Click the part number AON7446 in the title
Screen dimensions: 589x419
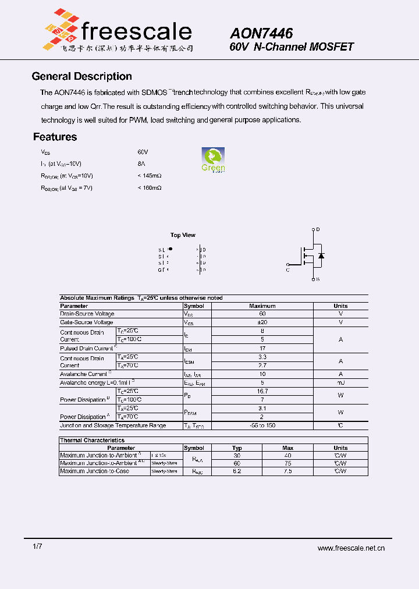pyautogui.click(x=261, y=34)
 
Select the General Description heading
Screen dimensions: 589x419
pyautogui.click(x=81, y=76)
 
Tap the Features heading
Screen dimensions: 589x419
pyautogui.click(x=55, y=137)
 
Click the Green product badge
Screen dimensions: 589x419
pyautogui.click(x=213, y=160)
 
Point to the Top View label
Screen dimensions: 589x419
pyautogui.click(x=183, y=235)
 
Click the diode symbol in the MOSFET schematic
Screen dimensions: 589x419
pyautogui.click(x=321, y=255)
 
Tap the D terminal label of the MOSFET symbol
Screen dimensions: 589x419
pyautogui.click(x=318, y=229)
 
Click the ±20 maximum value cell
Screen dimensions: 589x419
pyautogui.click(x=262, y=322)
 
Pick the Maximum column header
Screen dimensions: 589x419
pyautogui.click(x=262, y=306)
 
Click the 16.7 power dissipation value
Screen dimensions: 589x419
pyautogui.click(x=262, y=391)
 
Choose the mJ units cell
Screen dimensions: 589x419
pyautogui.click(x=340, y=382)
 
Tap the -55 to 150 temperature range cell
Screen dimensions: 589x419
pyautogui.click(x=262, y=425)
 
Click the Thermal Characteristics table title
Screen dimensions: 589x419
pyautogui.click(x=93, y=441)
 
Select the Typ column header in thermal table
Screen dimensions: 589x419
pyautogui.click(x=237, y=448)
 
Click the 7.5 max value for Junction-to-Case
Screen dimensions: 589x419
pyautogui.click(x=287, y=471)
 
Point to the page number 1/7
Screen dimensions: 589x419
pyautogui.click(x=37, y=547)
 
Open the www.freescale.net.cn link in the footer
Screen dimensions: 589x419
pyautogui.click(x=351, y=548)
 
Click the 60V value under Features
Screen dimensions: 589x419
pyautogui.click(x=143, y=151)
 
